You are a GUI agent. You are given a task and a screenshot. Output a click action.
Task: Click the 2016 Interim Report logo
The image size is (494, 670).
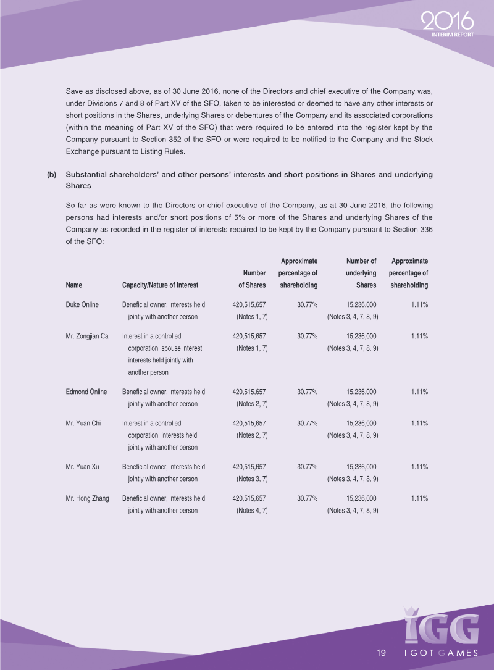(x=448, y=25)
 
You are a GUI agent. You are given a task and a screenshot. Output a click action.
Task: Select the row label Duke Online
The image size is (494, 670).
(x=82, y=305)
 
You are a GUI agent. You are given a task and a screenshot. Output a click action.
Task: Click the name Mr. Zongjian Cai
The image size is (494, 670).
(x=88, y=337)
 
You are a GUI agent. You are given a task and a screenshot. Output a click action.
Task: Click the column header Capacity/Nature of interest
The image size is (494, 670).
(x=161, y=285)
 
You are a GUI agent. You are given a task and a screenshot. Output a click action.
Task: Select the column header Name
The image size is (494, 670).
(x=73, y=285)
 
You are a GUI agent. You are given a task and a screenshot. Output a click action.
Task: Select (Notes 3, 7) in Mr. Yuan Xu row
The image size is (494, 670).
(x=252, y=479)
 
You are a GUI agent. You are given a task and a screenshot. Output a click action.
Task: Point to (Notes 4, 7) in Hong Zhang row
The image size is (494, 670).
(x=252, y=510)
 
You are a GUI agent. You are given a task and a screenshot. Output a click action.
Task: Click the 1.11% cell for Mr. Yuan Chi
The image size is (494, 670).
(x=419, y=424)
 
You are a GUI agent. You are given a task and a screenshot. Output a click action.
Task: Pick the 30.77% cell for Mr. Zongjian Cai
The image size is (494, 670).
(x=307, y=337)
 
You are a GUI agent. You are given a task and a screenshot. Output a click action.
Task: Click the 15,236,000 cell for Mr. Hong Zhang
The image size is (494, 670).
(x=361, y=498)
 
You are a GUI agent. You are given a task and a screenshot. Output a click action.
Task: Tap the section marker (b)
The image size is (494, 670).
(x=52, y=175)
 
